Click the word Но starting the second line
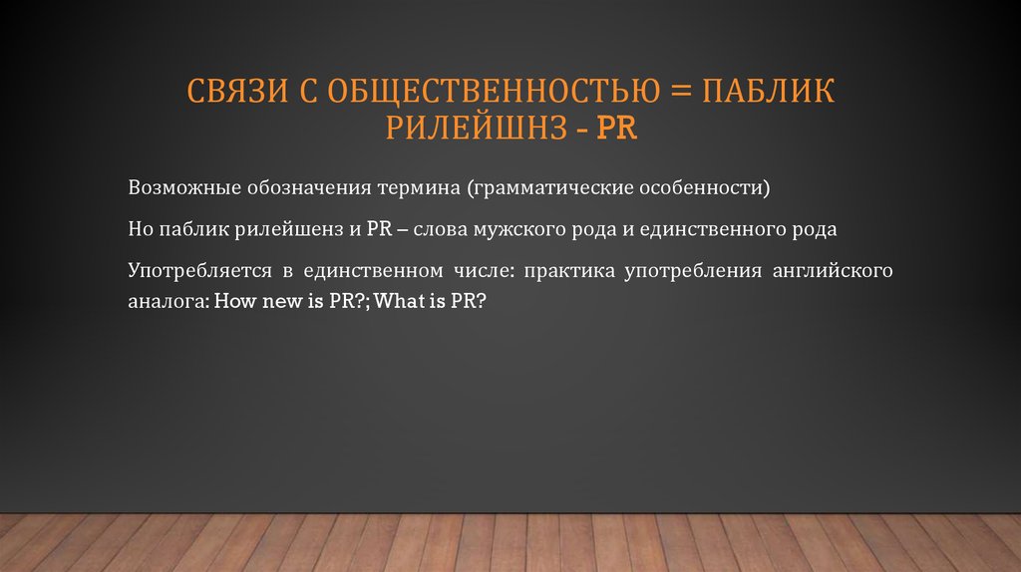[140, 228]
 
